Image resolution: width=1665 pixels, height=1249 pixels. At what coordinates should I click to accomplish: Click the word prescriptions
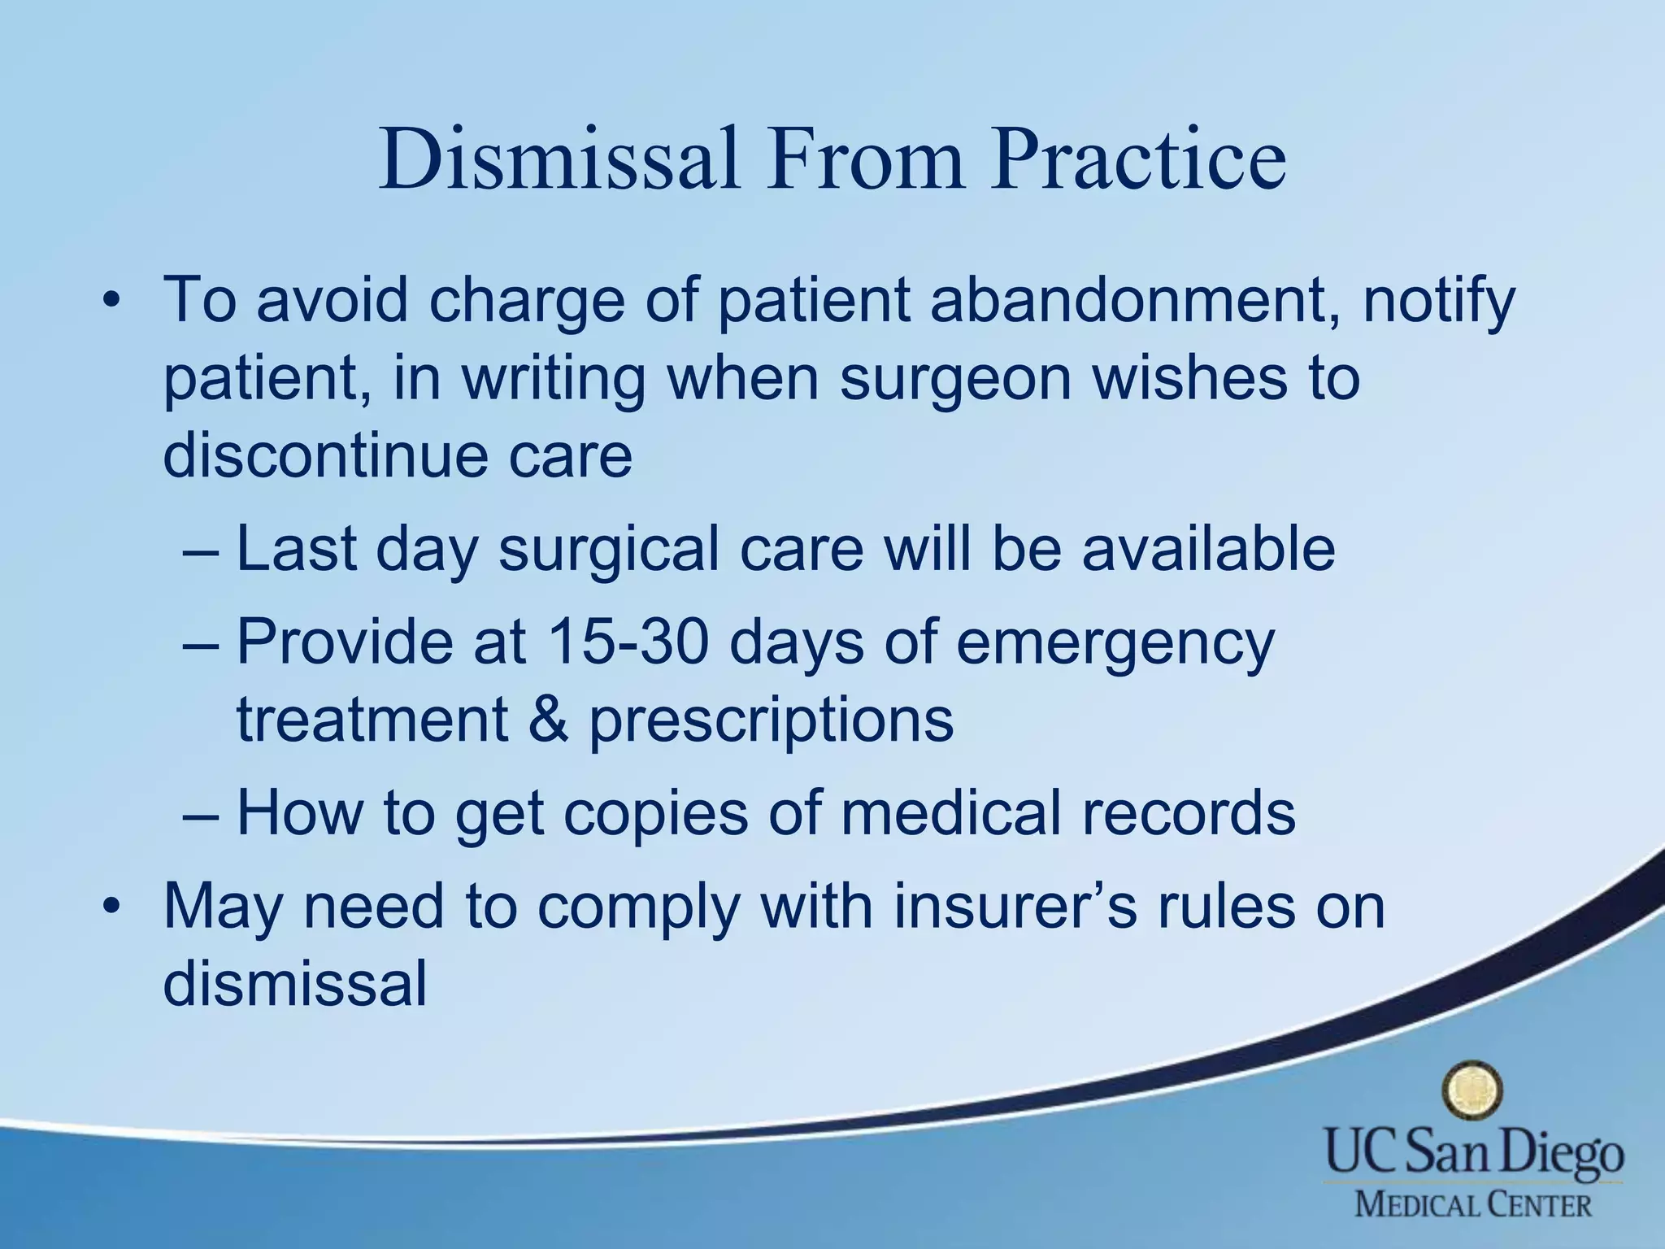point(771,721)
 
